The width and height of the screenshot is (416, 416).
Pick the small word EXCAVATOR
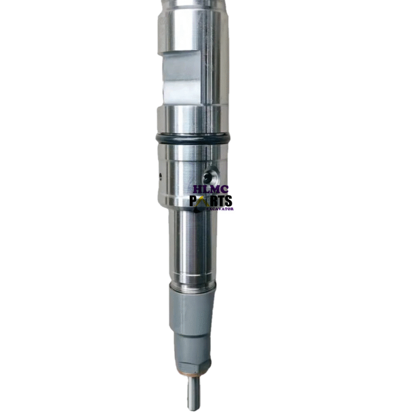point(221,209)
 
